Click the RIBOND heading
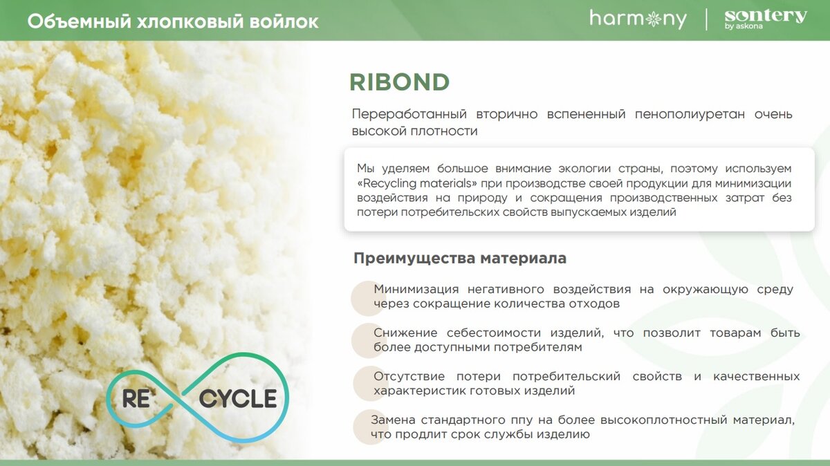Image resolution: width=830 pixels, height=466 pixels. coord(400,82)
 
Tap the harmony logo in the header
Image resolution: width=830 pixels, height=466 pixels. coord(638,19)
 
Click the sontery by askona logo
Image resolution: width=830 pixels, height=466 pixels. coord(766,19)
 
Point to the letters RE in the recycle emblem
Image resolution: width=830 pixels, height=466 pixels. coord(136,398)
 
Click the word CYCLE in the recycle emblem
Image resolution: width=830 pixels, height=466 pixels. coord(237,398)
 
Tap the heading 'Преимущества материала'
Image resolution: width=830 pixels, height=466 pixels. coord(460,258)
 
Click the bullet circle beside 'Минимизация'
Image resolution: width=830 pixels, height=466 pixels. coord(368,298)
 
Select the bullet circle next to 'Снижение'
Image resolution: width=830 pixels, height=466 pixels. coord(369,340)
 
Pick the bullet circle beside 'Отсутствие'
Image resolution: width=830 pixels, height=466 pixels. coord(371,384)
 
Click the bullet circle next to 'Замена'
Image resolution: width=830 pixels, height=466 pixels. coord(371,427)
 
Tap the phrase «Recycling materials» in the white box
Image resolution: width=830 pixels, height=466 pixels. coord(417,183)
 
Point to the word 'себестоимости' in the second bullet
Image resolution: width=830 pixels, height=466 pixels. coord(494,333)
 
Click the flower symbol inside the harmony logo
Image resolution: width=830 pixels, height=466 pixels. coord(654,19)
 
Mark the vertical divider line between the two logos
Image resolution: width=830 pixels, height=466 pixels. coord(706,19)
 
